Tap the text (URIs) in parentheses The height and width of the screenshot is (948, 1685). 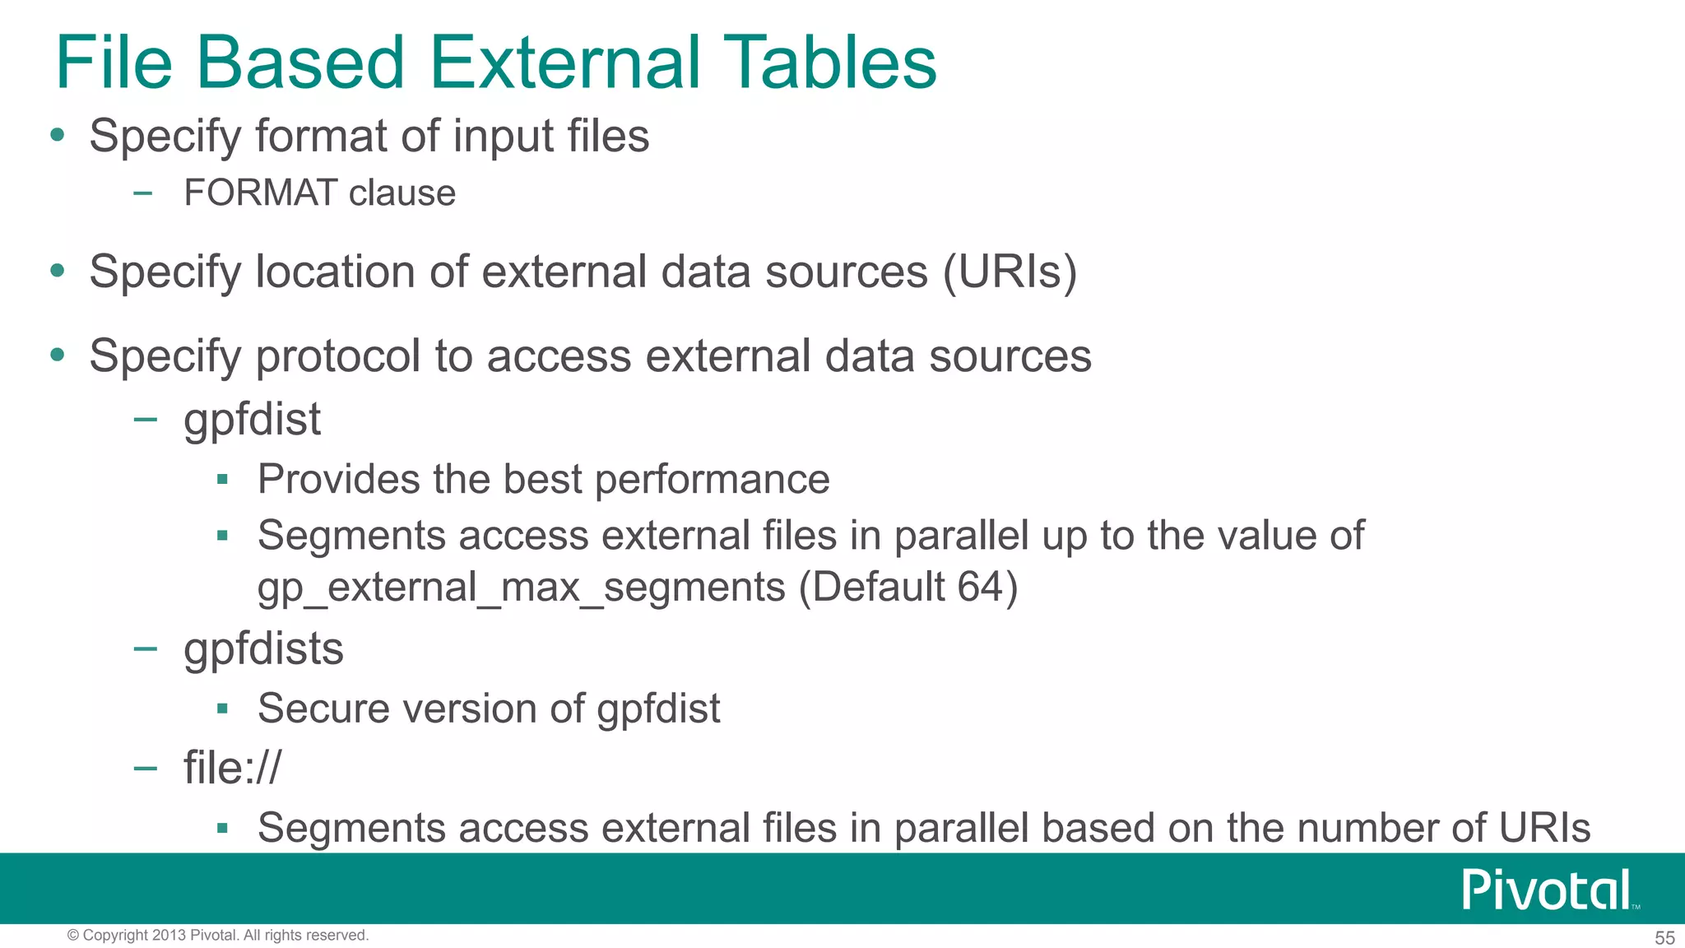click(1010, 272)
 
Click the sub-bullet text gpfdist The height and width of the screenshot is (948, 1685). click(252, 420)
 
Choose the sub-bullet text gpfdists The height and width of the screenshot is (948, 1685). click(263, 649)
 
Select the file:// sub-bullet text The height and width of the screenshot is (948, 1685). click(232, 768)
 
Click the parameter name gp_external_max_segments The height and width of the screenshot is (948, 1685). click(521, 588)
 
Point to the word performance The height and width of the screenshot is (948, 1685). click(712, 480)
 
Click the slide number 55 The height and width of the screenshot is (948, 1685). click(1664, 938)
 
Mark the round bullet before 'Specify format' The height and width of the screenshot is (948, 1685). click(57, 135)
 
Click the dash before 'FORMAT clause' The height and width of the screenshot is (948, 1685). click(144, 194)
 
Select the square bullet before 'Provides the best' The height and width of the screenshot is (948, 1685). click(222, 479)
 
